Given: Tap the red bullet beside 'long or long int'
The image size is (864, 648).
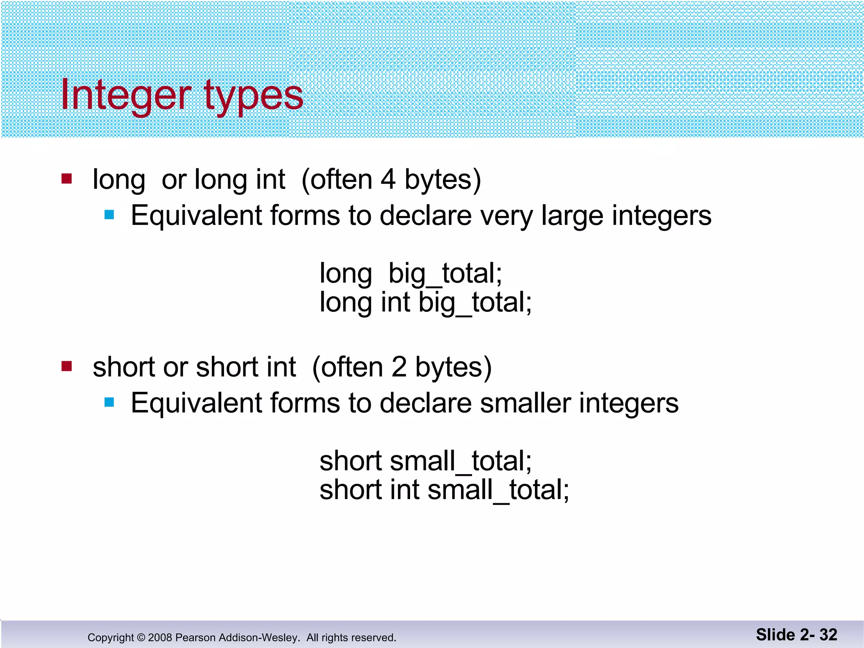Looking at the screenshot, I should point(67,179).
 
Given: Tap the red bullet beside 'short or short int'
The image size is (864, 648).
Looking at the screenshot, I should point(67,366).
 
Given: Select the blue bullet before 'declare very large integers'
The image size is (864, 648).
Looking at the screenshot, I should point(109,215).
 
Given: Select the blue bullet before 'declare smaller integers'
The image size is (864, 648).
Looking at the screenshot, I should point(109,402).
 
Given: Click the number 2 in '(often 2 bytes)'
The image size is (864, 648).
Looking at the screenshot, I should point(399,367).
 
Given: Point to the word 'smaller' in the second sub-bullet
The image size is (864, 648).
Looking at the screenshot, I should point(525,403).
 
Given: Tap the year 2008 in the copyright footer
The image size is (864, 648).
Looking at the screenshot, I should point(160,637).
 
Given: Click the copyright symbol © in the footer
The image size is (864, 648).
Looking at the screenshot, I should point(141,637).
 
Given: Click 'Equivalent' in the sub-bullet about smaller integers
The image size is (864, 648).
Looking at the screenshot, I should point(197,403).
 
